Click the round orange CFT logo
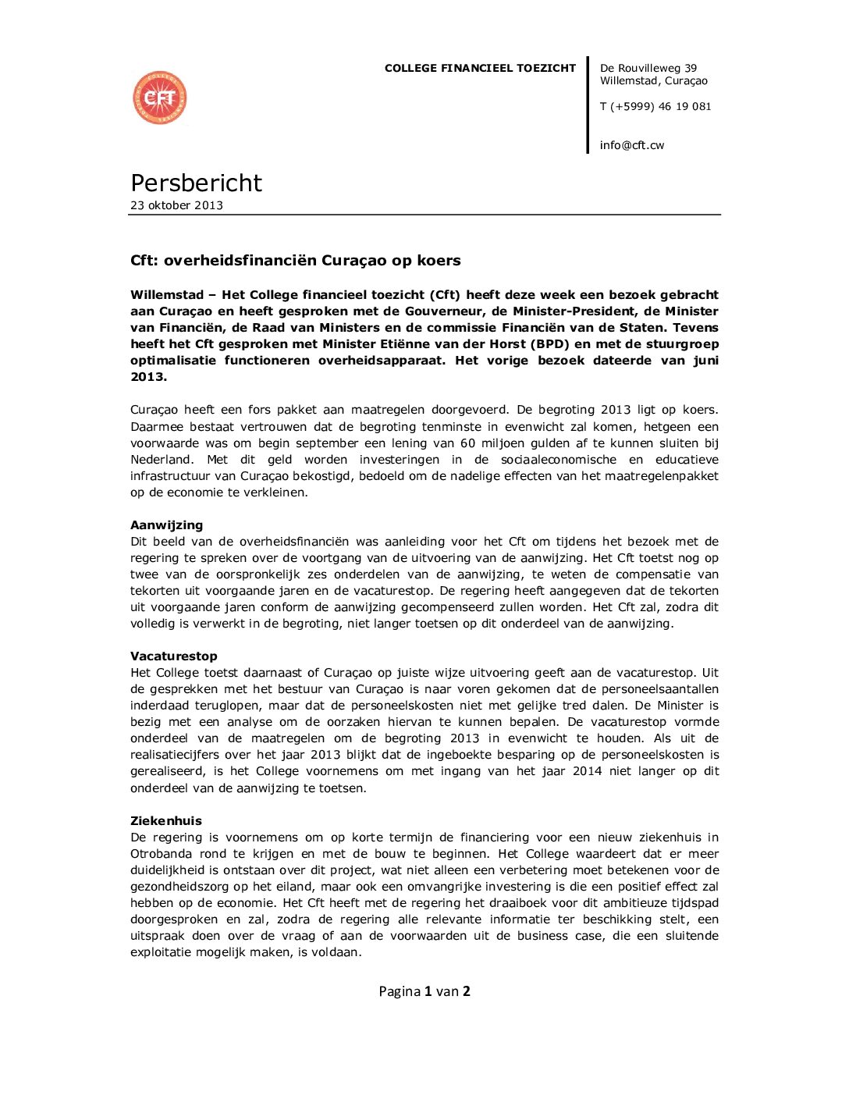pyautogui.click(x=160, y=98)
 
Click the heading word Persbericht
pyautogui.click(x=196, y=183)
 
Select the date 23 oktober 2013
pyautogui.click(x=176, y=205)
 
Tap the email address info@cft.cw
pyautogui.click(x=631, y=145)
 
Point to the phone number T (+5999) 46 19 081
pyautogui.click(x=655, y=106)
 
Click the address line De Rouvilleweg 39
pyautogui.click(x=648, y=68)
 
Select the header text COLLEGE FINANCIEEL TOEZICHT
pyautogui.click(x=480, y=68)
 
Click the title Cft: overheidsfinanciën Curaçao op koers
pyautogui.click(x=295, y=261)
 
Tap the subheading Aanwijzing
pyautogui.click(x=166, y=525)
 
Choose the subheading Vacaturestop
pyautogui.click(x=173, y=656)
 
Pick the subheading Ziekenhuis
pyautogui.click(x=165, y=821)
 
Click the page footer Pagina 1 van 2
pyautogui.click(x=424, y=991)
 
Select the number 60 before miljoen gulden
pyautogui.click(x=467, y=443)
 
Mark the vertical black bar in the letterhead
pyautogui.click(x=588, y=105)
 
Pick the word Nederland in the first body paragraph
pyautogui.click(x=160, y=460)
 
